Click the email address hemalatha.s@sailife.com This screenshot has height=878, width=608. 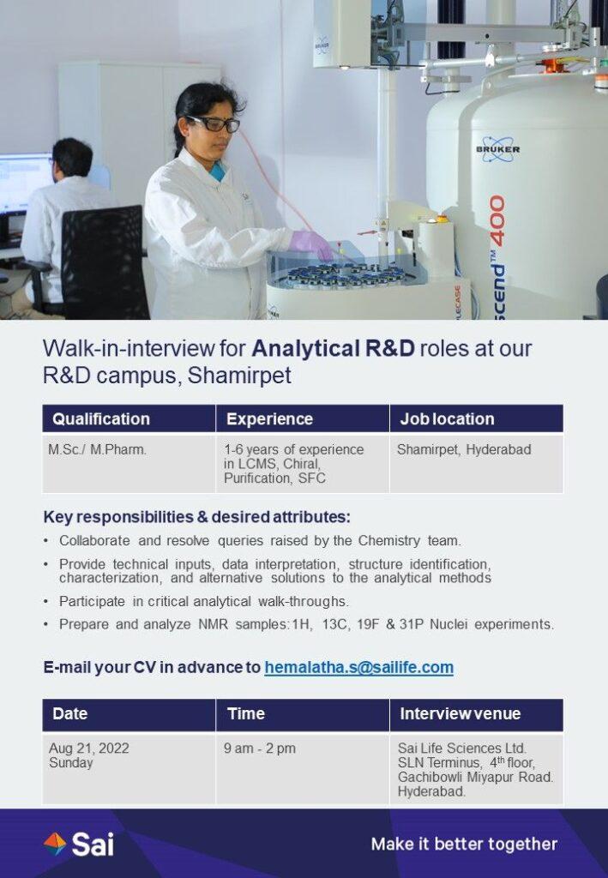[x=358, y=667]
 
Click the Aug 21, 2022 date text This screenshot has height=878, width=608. [x=89, y=749]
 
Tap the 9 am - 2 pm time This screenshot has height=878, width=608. [x=260, y=749]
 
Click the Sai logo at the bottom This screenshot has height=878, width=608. [x=79, y=844]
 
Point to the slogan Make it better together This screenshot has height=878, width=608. [x=464, y=844]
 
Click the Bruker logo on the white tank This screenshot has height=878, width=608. [x=497, y=149]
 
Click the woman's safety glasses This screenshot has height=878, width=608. [x=214, y=123]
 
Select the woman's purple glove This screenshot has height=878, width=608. [x=311, y=245]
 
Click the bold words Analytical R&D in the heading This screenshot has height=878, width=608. [x=333, y=349]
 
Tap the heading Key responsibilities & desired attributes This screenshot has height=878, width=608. [x=196, y=517]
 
